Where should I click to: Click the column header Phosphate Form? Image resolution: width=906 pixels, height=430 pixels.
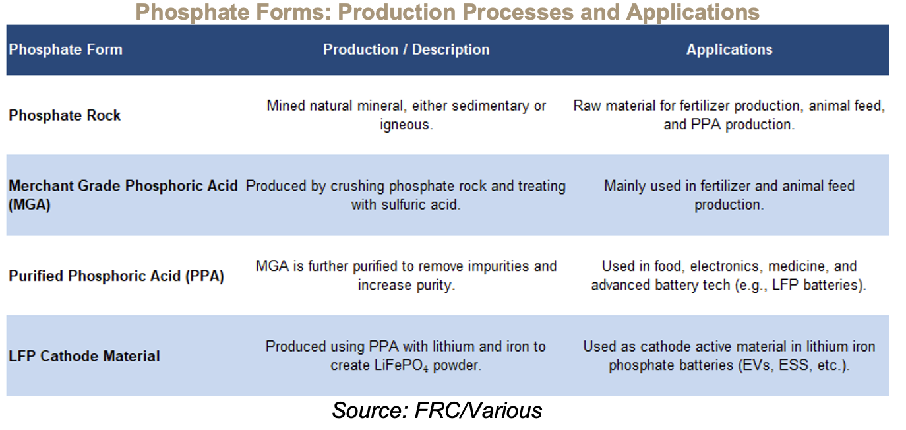click(x=65, y=49)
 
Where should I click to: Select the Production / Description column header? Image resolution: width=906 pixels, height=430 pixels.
click(x=406, y=49)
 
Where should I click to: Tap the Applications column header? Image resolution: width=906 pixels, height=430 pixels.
click(x=729, y=49)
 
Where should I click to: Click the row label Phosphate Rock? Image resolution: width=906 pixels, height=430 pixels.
click(x=65, y=115)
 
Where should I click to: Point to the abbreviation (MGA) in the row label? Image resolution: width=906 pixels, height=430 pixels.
click(x=30, y=204)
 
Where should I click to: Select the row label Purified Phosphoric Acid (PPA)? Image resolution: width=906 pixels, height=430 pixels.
click(x=117, y=276)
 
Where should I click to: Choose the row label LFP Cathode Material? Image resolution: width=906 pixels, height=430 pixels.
click(x=84, y=356)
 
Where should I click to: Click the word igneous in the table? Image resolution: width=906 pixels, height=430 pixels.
click(x=406, y=125)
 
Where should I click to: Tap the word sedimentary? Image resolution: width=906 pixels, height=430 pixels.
click(x=491, y=106)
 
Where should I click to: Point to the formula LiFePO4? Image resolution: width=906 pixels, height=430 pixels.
click(x=401, y=365)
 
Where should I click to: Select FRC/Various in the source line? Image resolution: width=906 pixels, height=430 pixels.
click(x=478, y=411)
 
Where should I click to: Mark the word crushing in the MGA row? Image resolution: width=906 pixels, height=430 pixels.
click(x=357, y=186)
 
